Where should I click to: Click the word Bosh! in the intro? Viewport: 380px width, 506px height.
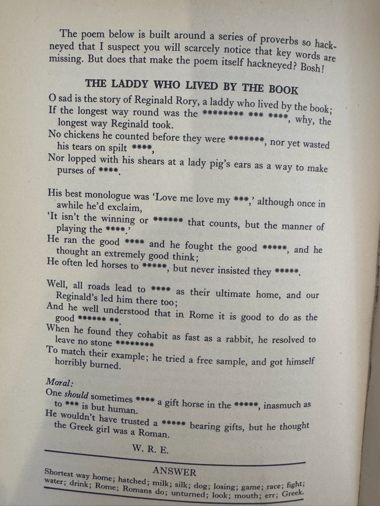(x=311, y=67)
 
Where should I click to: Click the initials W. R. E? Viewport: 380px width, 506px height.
(x=150, y=449)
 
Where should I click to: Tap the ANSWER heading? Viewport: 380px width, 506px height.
(x=175, y=471)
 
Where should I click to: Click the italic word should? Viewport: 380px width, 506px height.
(x=76, y=395)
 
